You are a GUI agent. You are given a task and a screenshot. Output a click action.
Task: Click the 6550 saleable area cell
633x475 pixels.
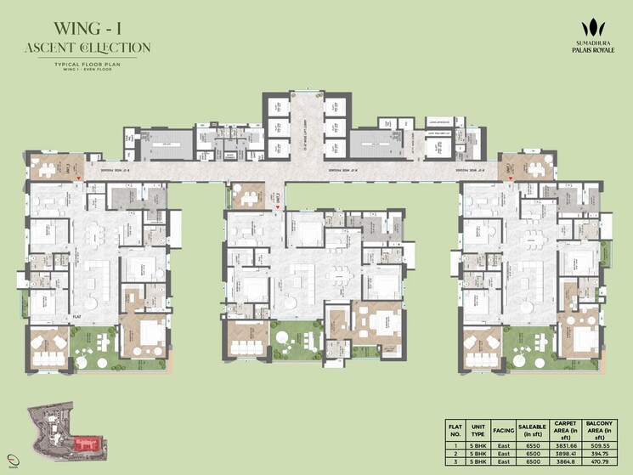pos(531,445)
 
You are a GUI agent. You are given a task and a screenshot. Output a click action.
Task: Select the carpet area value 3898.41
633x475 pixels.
pos(568,454)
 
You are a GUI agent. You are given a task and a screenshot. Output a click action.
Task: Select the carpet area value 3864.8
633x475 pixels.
pos(568,462)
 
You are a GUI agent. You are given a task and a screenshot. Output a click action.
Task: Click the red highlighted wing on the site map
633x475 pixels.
pos(85,443)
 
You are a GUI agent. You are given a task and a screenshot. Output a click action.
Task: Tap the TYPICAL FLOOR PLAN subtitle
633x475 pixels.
pos(88,64)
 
